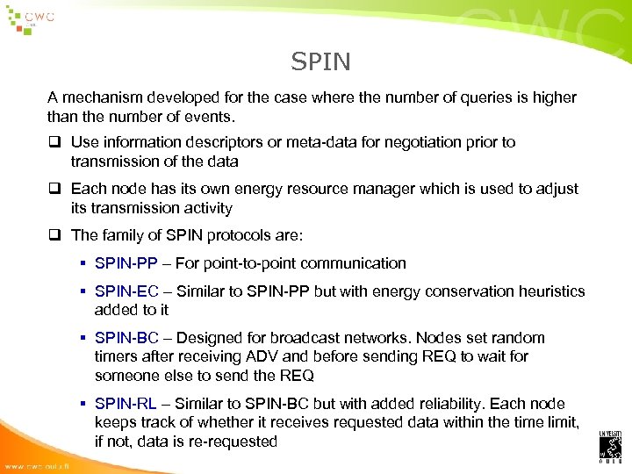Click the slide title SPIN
[320, 61]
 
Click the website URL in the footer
[40, 465]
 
